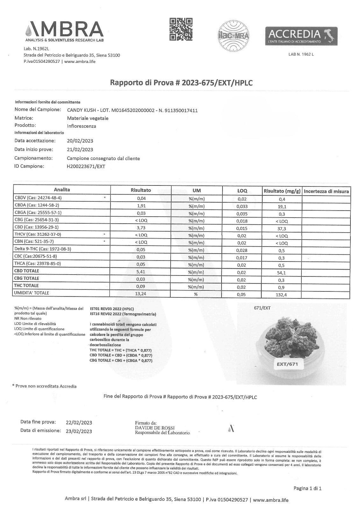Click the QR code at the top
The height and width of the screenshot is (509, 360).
181,29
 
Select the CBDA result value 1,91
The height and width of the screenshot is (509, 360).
141,206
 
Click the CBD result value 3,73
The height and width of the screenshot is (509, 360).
141,227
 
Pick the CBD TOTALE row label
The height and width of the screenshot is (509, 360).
27,271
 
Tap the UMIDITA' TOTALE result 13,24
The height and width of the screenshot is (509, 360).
141,294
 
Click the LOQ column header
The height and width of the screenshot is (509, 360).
242,191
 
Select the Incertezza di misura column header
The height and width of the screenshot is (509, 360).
326,191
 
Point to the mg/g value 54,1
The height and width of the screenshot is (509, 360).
282,273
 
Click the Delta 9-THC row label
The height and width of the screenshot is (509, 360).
43,249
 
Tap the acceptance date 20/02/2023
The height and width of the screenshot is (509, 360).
80,141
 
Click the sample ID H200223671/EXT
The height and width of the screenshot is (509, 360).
86,166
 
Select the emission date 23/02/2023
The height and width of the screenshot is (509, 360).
79,431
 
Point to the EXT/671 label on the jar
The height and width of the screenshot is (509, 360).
287,364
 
